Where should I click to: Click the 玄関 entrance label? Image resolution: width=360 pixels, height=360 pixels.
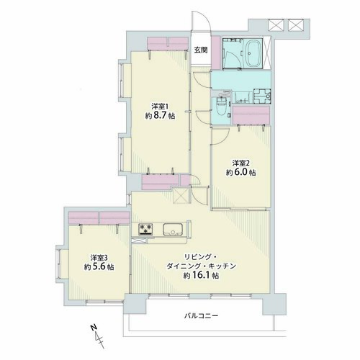(201, 50)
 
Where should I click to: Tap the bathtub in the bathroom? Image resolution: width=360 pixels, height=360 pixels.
(253, 53)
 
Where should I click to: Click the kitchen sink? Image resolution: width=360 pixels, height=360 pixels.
(173, 229)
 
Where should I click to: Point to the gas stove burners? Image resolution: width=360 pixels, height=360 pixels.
(145, 228)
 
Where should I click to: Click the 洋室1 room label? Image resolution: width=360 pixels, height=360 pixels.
(160, 107)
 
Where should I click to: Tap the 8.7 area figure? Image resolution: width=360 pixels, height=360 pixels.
(160, 116)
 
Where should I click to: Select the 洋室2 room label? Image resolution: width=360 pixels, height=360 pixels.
(240, 163)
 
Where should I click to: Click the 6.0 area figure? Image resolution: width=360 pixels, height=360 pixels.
(240, 173)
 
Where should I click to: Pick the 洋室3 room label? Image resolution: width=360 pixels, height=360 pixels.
(99, 258)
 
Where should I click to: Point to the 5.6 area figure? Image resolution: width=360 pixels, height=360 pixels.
(99, 267)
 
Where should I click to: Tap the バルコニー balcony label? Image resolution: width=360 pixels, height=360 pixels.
(201, 315)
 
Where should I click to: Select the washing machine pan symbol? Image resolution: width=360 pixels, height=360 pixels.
(262, 96)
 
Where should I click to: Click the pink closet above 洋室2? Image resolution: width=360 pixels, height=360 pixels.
(251, 115)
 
